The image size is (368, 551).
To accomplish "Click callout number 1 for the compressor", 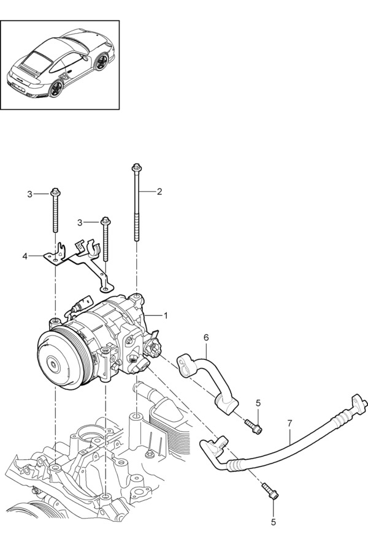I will (x=165, y=315).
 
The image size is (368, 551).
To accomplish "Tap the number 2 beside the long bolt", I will (x=159, y=192).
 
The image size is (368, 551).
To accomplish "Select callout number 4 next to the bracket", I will (x=25, y=256).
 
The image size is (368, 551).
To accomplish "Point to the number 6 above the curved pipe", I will (x=206, y=337).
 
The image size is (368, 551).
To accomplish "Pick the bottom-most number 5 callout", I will (x=274, y=522).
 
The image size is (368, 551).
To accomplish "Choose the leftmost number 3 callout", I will (x=29, y=194).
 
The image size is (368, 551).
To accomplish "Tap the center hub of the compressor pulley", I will (x=53, y=365).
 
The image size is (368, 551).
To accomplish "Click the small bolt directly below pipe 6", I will (x=253, y=425).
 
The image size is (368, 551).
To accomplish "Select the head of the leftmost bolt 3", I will (x=55, y=192).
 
